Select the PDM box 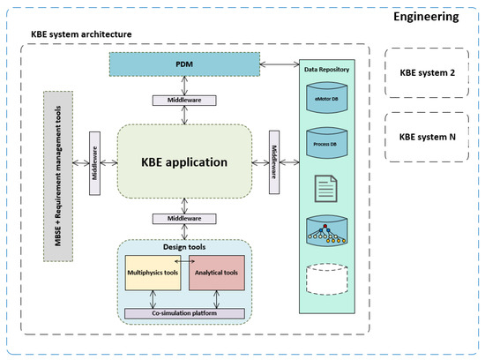coord(186,64)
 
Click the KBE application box coord(184,161)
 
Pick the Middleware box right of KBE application coord(274,161)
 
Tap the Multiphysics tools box coord(153,274)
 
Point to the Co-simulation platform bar coord(184,313)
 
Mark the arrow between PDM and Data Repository coord(282,64)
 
